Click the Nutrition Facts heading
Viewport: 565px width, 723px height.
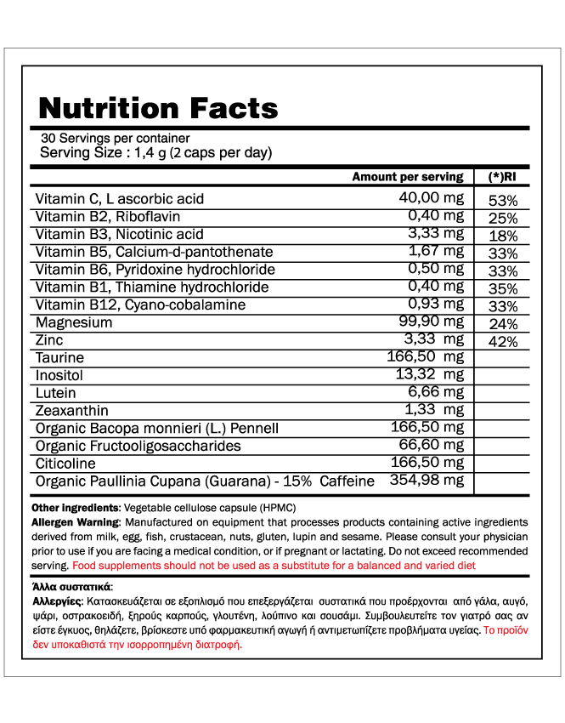pyautogui.click(x=158, y=108)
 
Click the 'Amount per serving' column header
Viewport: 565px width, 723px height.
pyautogui.click(x=407, y=177)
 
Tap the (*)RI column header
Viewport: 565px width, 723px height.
pyautogui.click(x=503, y=177)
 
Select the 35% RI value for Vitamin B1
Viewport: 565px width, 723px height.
pyautogui.click(x=503, y=288)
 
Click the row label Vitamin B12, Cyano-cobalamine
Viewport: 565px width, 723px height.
pyautogui.click(x=140, y=305)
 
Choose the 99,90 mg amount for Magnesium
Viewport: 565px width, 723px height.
pyautogui.click(x=432, y=322)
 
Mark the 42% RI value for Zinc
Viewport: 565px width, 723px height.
pyautogui.click(x=503, y=342)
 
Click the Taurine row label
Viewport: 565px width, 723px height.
pyautogui.click(x=59, y=357)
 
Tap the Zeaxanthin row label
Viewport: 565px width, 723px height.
pyautogui.click(x=72, y=410)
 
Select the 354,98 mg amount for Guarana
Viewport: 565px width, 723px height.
pyautogui.click(x=427, y=481)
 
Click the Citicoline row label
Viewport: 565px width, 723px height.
pyautogui.click(x=65, y=464)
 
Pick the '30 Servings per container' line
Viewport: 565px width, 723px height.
pyautogui.click(x=115, y=139)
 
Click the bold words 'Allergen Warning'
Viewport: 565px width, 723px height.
pyautogui.click(x=76, y=522)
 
